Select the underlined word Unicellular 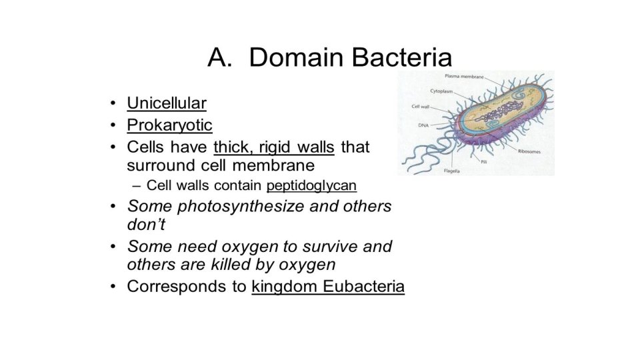(x=167, y=103)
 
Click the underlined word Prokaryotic (x=169, y=125)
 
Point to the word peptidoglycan (x=311, y=185)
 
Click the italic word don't (x=146, y=225)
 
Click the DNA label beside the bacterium (x=423, y=125)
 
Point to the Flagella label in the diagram (x=451, y=171)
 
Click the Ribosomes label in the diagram (x=531, y=151)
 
